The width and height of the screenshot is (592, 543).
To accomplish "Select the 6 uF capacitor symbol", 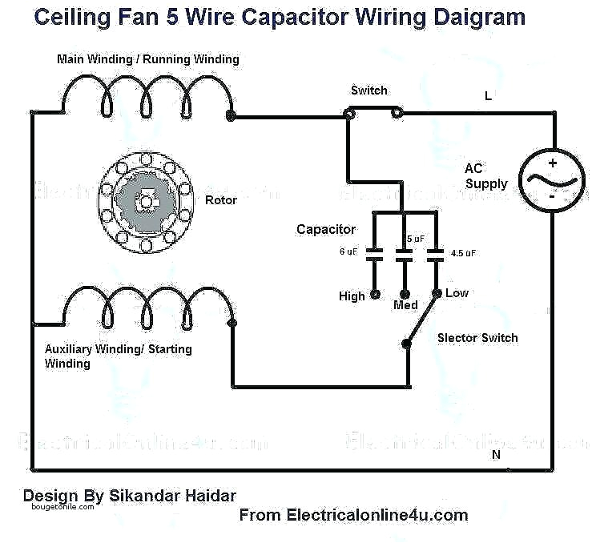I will tap(374, 254).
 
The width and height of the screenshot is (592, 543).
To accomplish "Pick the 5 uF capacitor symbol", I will tap(405, 254).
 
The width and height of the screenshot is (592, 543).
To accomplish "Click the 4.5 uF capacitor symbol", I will tap(436, 254).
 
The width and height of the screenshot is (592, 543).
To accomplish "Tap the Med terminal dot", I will tap(405, 294).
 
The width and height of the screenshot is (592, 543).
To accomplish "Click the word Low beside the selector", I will tap(457, 293).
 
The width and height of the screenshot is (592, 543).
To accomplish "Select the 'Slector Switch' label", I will tap(477, 338).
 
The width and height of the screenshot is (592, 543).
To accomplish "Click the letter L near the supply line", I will tap(488, 96).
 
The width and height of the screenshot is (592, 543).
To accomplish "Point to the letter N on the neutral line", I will tap(496, 454).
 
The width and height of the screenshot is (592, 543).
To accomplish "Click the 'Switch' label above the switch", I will tap(368, 90).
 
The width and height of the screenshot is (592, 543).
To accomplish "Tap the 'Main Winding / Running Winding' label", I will tap(147, 59).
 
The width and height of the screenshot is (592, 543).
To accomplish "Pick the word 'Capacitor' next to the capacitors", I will tap(325, 230).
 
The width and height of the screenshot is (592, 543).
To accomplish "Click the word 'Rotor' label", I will tap(221, 199).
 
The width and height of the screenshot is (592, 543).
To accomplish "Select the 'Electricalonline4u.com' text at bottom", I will tap(377, 515).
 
